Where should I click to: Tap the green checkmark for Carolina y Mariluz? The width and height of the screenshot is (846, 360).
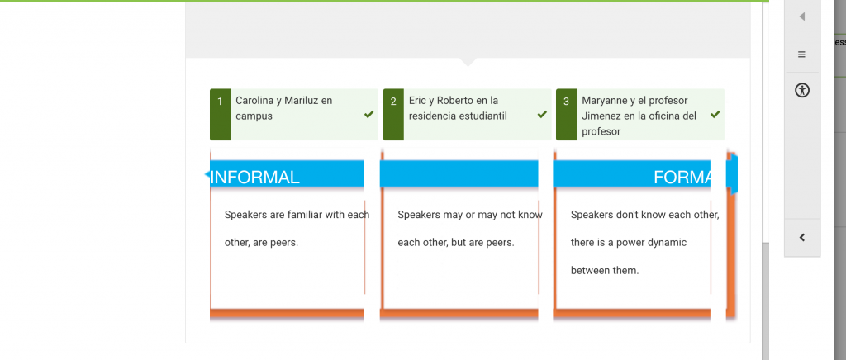tap(369, 114)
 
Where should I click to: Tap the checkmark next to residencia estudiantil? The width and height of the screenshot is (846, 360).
tap(542, 114)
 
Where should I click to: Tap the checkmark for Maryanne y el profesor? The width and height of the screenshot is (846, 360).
tap(715, 114)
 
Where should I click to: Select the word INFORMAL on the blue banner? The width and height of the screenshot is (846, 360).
tap(254, 177)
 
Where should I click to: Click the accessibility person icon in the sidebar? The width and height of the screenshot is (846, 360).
tap(802, 90)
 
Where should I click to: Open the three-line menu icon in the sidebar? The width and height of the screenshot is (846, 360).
tap(801, 54)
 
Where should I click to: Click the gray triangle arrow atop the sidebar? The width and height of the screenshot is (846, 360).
tap(802, 17)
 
